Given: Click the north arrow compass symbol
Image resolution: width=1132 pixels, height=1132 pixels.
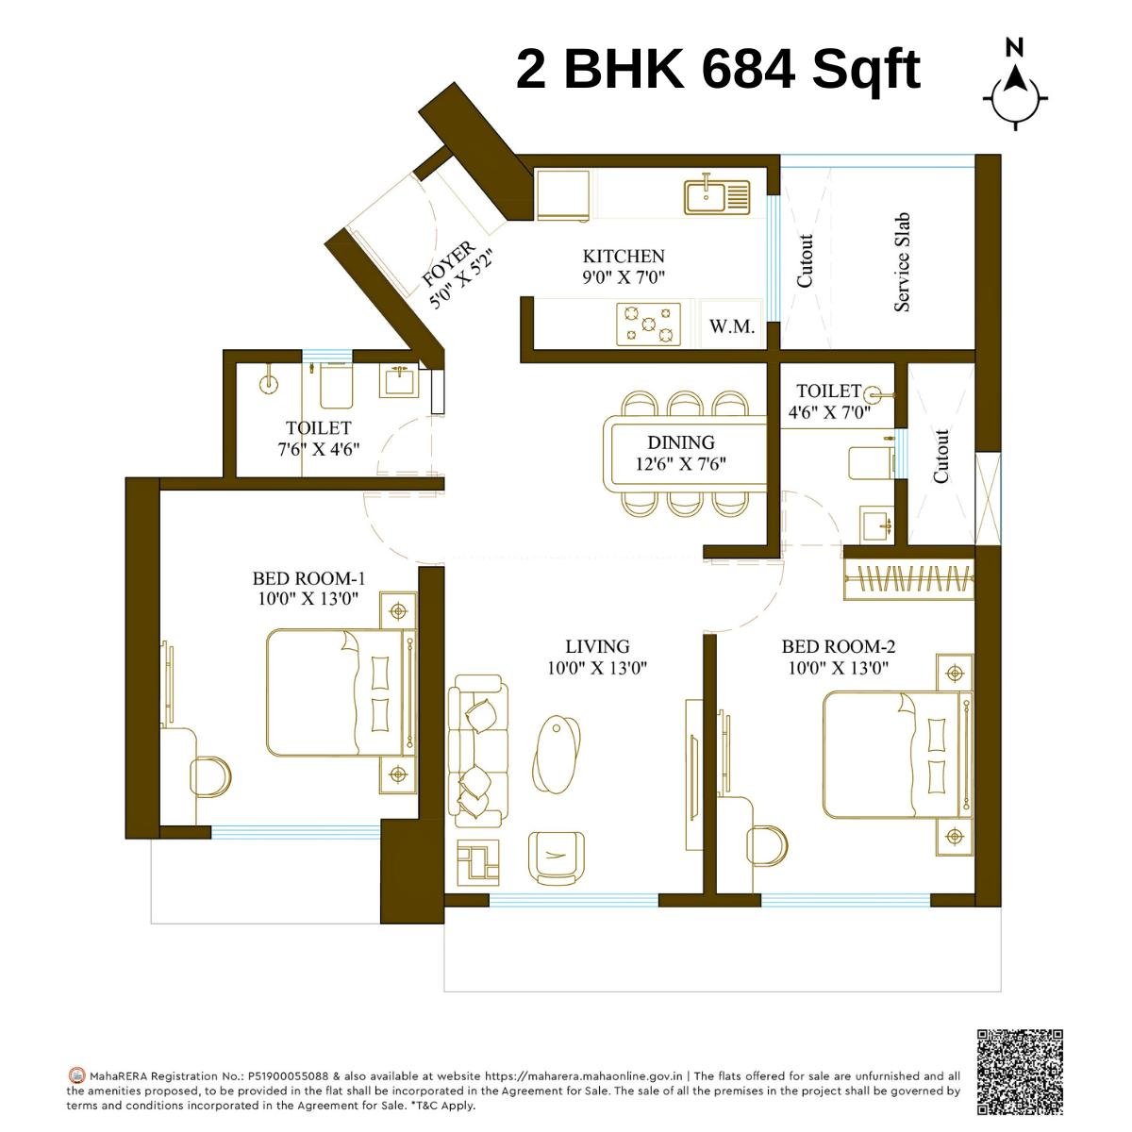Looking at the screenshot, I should click(x=1015, y=85).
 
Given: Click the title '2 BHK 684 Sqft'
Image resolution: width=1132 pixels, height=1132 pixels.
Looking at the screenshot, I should click(x=718, y=70).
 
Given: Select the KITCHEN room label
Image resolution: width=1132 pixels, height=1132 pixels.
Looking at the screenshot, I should click(x=623, y=257).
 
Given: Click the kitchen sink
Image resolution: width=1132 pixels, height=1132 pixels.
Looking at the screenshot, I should click(x=717, y=196).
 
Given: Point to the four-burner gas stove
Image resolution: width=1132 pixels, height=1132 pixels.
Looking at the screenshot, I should click(x=648, y=324).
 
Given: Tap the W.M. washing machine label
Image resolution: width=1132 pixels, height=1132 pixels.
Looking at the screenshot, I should click(x=732, y=327).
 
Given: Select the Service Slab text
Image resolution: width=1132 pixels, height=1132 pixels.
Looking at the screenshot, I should click(x=902, y=261).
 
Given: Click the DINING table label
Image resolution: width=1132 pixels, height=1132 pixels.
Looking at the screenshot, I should click(x=680, y=442).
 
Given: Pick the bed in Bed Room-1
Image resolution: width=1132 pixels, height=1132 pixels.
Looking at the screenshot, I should click(x=340, y=692).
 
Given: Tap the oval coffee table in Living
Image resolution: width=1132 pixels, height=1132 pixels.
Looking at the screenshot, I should click(x=557, y=752).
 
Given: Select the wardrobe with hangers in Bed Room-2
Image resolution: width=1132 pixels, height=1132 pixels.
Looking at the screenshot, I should click(x=909, y=579).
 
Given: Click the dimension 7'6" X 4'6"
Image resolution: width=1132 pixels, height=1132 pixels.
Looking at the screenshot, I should click(x=318, y=450).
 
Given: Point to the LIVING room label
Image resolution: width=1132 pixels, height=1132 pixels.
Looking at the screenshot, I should click(x=597, y=647).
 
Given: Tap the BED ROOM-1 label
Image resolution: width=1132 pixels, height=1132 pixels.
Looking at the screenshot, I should click(x=308, y=578).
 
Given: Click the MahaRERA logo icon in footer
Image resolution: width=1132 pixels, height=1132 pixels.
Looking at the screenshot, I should click(x=77, y=1075).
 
